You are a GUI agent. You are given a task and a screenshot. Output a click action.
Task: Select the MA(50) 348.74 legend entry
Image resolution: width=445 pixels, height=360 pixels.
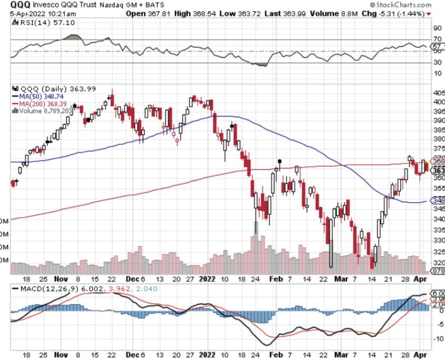[42, 97]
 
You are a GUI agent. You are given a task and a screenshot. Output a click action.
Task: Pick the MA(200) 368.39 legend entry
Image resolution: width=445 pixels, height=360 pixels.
[43, 104]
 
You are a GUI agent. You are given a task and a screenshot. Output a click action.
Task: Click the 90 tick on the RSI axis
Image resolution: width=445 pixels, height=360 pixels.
[437, 28]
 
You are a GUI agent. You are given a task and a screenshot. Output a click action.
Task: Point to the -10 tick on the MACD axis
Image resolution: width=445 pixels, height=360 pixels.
[437, 338]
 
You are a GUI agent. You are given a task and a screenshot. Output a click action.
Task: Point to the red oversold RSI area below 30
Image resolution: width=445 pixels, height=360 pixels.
[260, 64]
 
